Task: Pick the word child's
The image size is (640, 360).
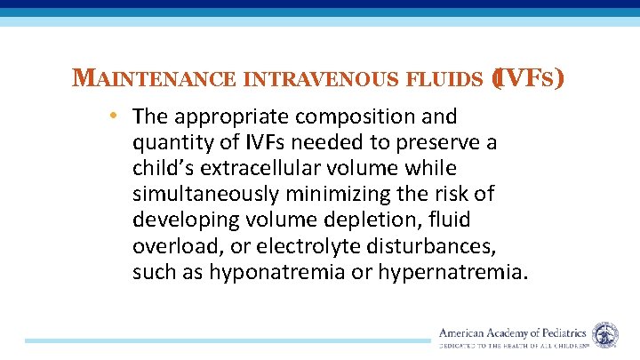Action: pos(165,168)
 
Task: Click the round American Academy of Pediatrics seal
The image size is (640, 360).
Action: pos(605,335)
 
